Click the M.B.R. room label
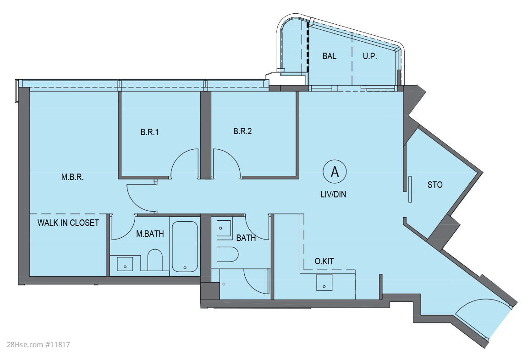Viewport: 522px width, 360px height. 72,177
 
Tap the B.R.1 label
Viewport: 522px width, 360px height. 149,132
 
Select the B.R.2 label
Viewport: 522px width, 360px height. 242,131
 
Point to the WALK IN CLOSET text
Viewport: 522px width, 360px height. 68,223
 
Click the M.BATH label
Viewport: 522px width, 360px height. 150,234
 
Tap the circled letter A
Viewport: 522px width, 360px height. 335,172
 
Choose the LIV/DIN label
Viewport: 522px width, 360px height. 333,194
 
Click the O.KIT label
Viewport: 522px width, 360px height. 324,261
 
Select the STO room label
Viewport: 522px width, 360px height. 435,185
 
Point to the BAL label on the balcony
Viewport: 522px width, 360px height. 329,56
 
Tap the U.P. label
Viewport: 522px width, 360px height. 370,56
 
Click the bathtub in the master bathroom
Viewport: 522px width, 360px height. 185,246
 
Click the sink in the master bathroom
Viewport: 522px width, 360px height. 125,264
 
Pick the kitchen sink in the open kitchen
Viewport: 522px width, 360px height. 324,283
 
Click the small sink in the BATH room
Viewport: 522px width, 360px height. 224,228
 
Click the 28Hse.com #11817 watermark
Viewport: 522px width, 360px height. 38,345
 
